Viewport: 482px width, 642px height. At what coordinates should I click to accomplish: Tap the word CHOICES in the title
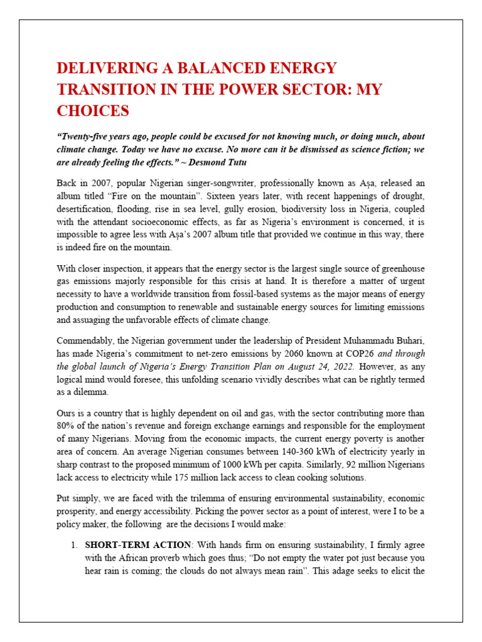[x=93, y=111]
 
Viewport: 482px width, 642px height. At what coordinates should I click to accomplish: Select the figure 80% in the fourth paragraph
[x=67, y=426]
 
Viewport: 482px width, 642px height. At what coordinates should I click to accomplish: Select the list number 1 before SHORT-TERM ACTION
[x=72, y=545]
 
